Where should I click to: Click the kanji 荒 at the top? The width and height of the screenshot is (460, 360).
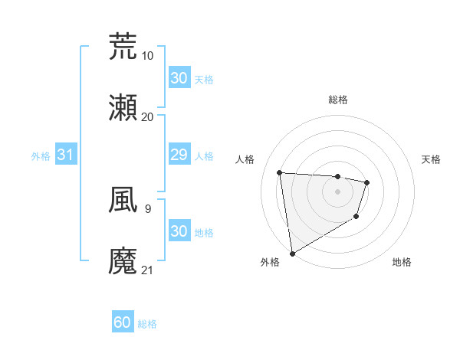123,47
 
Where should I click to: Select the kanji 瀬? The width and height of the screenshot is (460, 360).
123,108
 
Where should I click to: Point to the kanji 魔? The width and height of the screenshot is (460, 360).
123,261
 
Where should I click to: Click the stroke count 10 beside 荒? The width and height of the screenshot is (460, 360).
147,55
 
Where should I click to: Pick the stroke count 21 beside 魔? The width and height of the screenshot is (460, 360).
147,270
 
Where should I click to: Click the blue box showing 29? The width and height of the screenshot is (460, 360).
179,155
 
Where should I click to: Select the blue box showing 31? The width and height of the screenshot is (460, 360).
65,155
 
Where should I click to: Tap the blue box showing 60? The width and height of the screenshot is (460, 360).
123,322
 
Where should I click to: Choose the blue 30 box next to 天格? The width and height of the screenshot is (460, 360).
179,77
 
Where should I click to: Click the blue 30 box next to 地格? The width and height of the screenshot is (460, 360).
179,231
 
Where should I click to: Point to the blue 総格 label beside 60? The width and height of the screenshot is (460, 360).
147,324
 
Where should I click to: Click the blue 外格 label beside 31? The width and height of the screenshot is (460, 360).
41,155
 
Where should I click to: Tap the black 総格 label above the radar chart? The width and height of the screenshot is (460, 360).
337,100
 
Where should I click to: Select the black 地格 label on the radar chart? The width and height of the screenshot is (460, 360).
402,262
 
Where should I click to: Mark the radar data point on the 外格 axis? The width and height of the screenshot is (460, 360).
292,253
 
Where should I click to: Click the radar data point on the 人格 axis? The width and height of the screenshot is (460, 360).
280,172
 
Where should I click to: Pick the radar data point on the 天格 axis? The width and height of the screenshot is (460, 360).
367,182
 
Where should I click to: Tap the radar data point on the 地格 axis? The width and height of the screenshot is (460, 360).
356,217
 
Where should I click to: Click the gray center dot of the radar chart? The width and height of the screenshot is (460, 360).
337,191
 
